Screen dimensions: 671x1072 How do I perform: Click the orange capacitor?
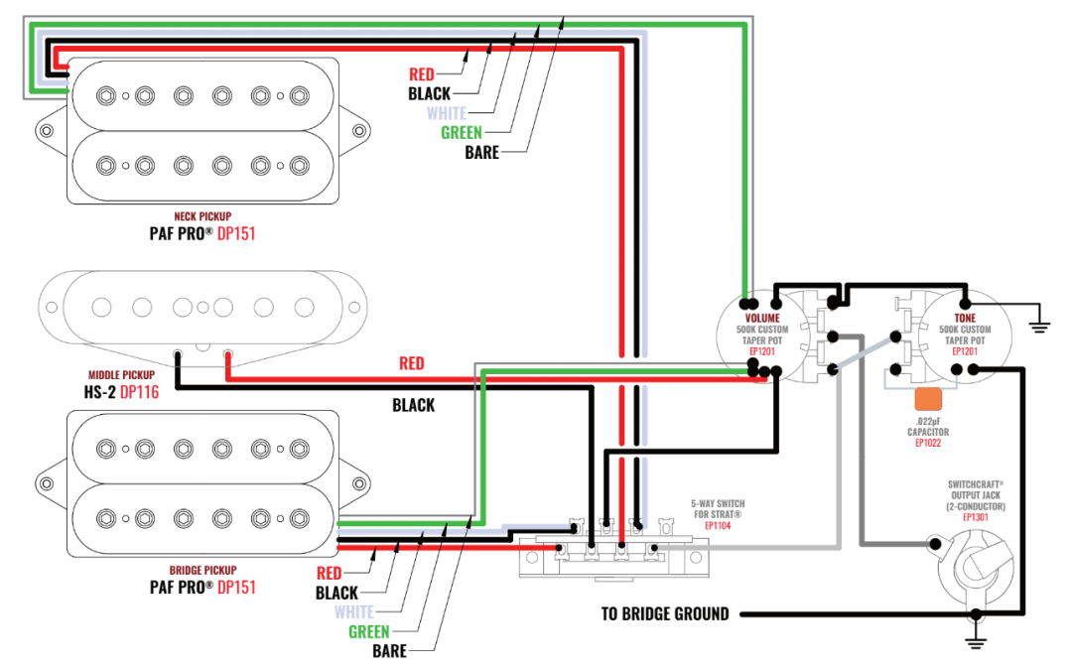[x=928, y=399]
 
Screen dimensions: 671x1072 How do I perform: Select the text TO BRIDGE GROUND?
[x=664, y=613]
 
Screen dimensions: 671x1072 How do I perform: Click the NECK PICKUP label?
[x=202, y=215]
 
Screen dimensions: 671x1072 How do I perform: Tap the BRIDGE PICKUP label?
[x=202, y=570]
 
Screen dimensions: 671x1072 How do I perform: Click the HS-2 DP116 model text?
[x=120, y=392]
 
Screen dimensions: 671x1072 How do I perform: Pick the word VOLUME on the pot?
[x=762, y=318]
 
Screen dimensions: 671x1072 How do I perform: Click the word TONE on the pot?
[x=965, y=318]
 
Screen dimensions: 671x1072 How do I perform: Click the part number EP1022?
[x=928, y=443]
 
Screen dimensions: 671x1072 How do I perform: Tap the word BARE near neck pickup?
[x=481, y=153]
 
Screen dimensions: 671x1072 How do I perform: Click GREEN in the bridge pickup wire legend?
[x=368, y=632]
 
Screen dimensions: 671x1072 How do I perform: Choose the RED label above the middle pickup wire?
[x=411, y=363]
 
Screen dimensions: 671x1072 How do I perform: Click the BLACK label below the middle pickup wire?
[x=413, y=405]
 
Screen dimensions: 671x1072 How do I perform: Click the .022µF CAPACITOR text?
[x=928, y=427]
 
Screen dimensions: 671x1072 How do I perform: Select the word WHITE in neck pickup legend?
[x=446, y=113]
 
